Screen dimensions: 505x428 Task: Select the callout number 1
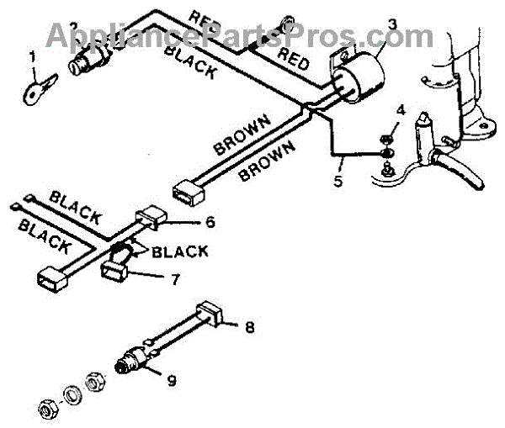click(32, 57)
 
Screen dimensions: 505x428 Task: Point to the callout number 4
click(401, 111)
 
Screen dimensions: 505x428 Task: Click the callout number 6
click(210, 223)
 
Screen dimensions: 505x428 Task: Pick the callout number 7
click(174, 278)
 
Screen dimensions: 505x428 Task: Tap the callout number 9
click(171, 380)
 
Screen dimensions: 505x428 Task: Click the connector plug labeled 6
click(148, 219)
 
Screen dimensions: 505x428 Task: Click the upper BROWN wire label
click(242, 133)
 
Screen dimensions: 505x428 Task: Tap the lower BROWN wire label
click(268, 160)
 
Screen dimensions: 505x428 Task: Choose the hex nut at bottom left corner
click(45, 410)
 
